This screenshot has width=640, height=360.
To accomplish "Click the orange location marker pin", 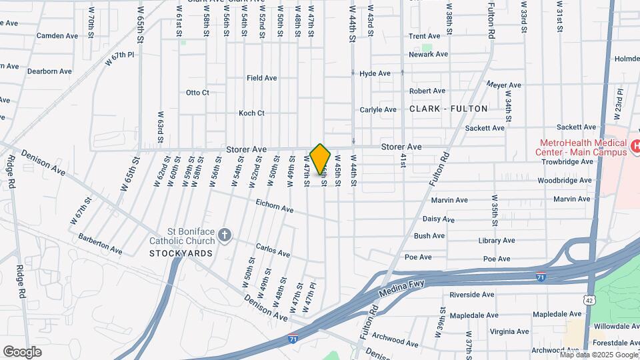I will [321, 159].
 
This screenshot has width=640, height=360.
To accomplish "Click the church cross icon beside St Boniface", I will [225, 234].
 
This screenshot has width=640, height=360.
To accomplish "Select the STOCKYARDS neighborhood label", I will [181, 253].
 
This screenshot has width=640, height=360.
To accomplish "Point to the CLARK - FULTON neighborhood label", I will [449, 108].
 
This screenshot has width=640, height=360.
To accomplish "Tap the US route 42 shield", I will [589, 301].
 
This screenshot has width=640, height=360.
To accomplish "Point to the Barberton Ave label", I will [100, 244].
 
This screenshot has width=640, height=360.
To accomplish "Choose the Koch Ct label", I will [251, 113].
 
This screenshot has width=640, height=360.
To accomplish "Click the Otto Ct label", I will [197, 92].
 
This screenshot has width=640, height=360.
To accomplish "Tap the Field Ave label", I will [261, 78].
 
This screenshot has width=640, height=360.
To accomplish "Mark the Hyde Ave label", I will [375, 73].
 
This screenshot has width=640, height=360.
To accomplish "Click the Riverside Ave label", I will [471, 294].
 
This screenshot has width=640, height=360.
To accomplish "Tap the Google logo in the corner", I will [22, 351].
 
